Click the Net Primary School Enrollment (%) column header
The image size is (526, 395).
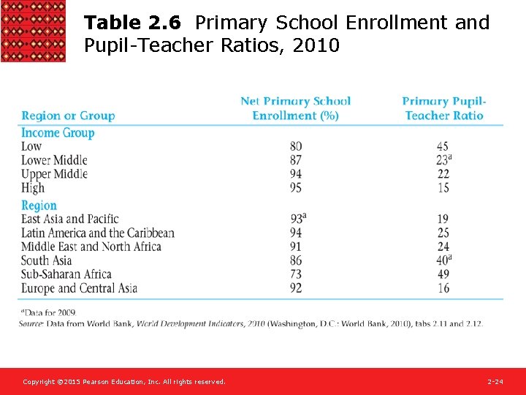point(295,108)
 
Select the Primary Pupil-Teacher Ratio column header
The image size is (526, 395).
point(443,108)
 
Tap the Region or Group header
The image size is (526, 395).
point(68,116)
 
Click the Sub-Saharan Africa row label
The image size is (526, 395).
point(66,274)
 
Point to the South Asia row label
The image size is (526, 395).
point(47,260)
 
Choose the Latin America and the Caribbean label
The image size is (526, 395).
point(98,233)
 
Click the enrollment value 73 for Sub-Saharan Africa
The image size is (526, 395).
point(295,274)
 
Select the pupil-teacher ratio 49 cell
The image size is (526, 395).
point(443,274)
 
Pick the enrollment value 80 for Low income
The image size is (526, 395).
point(295,146)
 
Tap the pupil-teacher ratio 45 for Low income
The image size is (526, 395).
point(443,146)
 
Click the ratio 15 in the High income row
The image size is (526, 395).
point(443,188)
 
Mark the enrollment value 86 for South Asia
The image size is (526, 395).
point(295,260)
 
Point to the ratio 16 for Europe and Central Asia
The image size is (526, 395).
point(443,288)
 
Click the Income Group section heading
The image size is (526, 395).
point(58,132)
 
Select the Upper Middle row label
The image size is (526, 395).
point(54,174)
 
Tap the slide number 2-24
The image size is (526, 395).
point(495,382)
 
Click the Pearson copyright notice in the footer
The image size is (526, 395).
point(123,382)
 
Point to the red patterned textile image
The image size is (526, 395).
point(33,31)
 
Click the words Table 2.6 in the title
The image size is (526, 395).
point(132,23)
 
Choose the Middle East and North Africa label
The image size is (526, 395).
point(91,247)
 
